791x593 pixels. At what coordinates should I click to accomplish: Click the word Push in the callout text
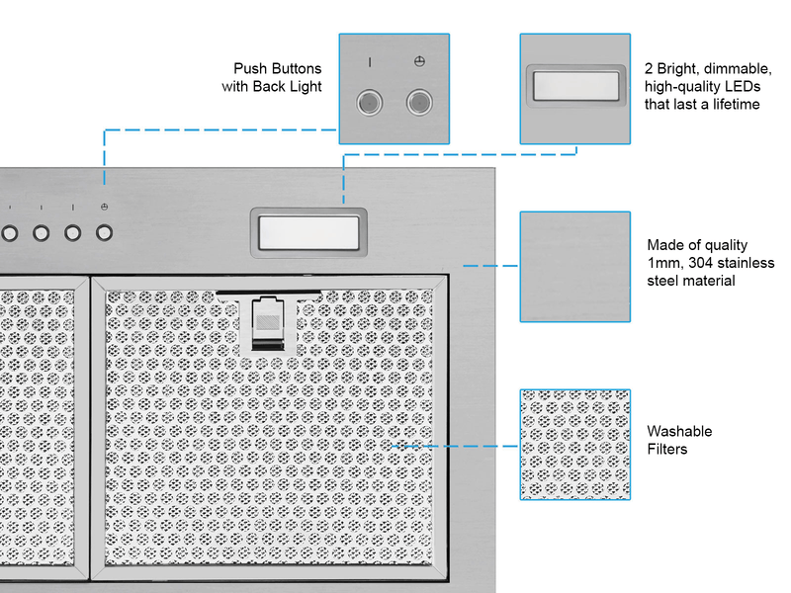pos(251,68)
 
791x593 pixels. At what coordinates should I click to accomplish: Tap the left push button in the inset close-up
pos(370,101)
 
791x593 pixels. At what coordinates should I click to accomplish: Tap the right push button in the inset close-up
pos(419,101)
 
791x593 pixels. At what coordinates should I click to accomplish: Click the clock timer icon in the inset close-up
pos(419,62)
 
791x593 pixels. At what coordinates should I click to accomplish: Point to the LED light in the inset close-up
pos(574,88)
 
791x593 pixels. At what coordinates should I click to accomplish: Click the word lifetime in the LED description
pos(734,104)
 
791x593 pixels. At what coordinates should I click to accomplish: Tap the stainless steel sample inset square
pos(574,266)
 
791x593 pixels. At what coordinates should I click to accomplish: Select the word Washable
pos(679,432)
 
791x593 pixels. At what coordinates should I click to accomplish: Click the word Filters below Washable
pos(667,450)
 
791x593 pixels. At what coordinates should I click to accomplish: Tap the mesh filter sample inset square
pos(574,444)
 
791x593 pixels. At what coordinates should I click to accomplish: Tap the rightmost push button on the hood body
pos(104,233)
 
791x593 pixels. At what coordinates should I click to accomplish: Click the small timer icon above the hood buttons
pos(104,208)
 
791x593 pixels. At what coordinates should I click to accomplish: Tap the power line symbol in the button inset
pos(370,62)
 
